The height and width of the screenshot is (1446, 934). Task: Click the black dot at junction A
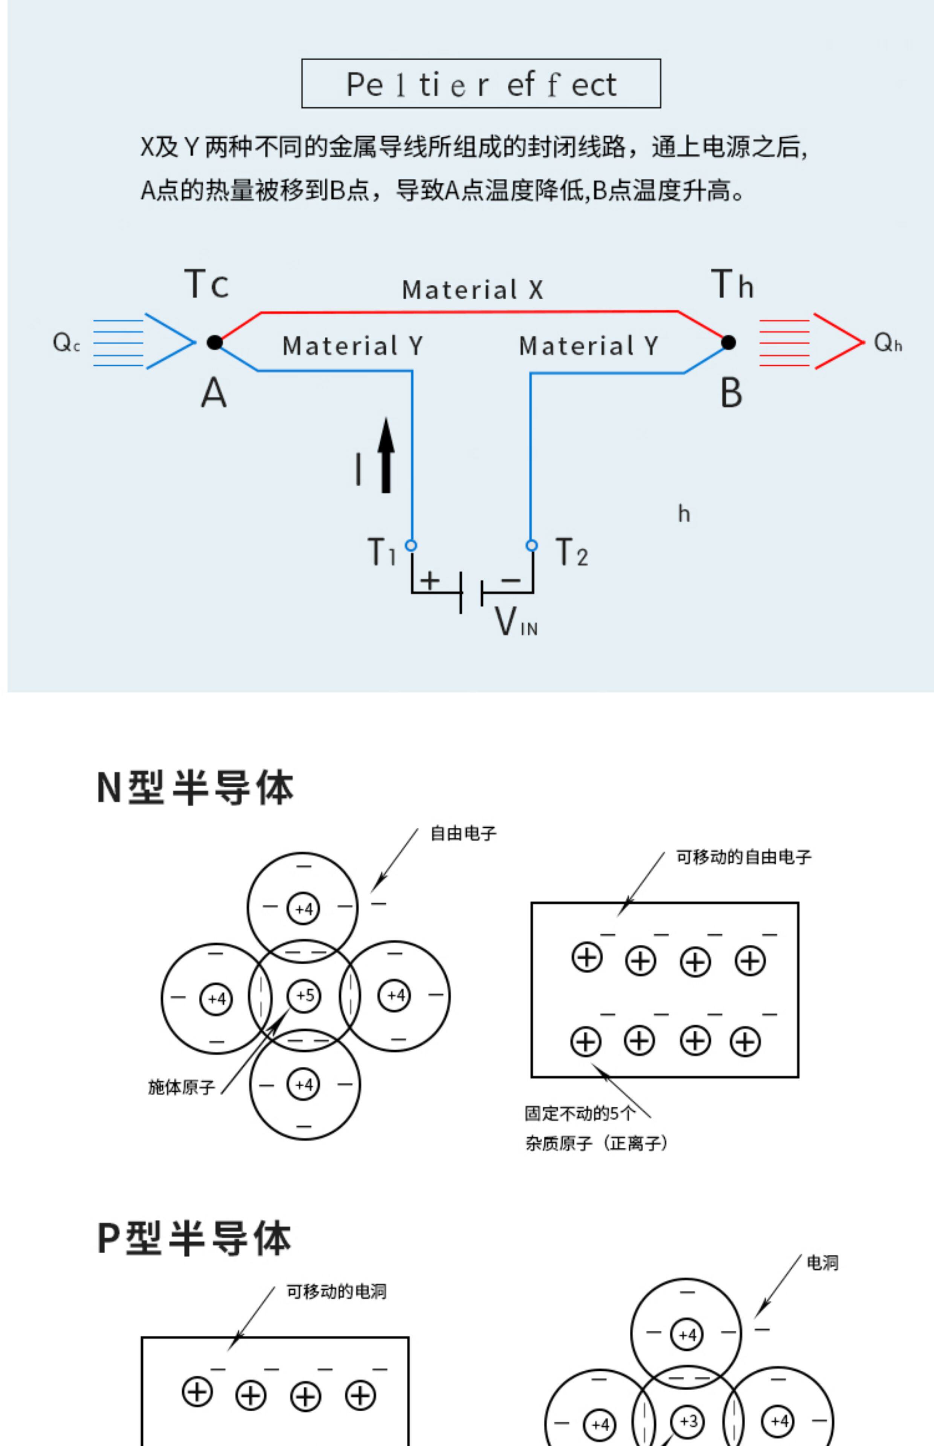tap(215, 343)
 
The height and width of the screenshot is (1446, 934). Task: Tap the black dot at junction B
tap(728, 343)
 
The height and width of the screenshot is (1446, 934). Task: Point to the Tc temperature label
tap(206, 284)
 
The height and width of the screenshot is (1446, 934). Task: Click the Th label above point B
tap(732, 284)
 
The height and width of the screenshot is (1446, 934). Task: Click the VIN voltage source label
tap(516, 621)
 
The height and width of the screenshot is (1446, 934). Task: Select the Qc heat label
tap(66, 343)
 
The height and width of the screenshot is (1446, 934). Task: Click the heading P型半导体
tap(194, 1238)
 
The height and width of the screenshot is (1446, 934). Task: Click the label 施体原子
tap(182, 1087)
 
